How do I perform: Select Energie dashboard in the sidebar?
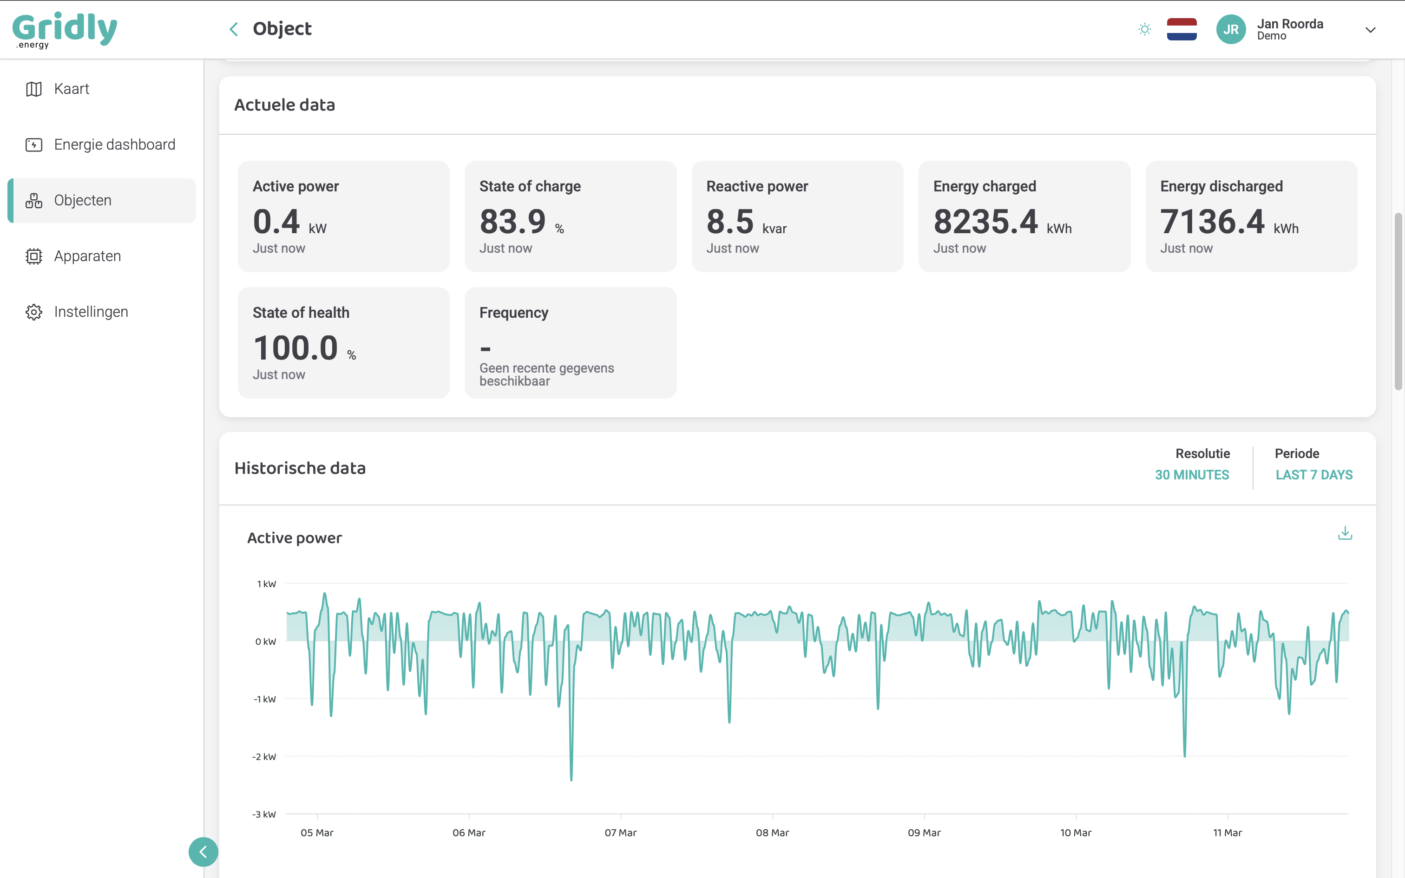(x=114, y=144)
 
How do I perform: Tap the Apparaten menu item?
(x=87, y=256)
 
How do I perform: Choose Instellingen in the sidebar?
(x=91, y=312)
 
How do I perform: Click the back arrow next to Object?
(x=233, y=29)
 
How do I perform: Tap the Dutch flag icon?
(x=1182, y=29)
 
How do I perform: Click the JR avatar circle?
(x=1230, y=29)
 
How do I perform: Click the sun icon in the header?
(x=1144, y=29)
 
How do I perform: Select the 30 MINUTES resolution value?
(x=1191, y=474)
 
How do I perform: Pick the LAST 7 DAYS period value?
(x=1313, y=474)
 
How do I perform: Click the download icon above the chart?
(x=1345, y=533)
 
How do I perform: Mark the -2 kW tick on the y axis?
(x=264, y=757)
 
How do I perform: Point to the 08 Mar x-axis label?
(x=772, y=832)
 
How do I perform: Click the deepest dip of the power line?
(x=571, y=778)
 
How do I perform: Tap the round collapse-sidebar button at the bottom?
(x=203, y=852)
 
